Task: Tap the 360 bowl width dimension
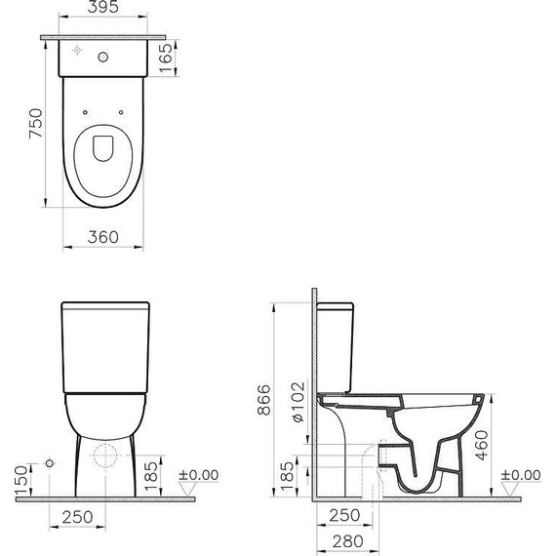pos(102,236)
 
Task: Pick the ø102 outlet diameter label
pos(298,400)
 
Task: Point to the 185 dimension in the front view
pos(165,477)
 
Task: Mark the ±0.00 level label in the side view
pos(520,475)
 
